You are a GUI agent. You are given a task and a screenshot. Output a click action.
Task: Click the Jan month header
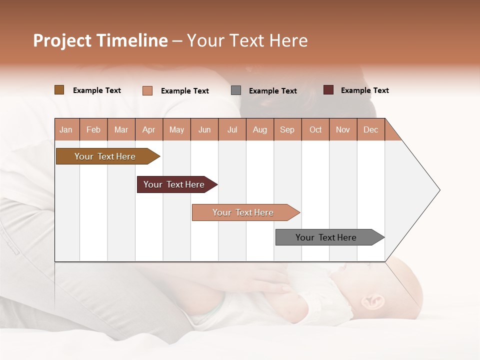pyautogui.click(x=66, y=129)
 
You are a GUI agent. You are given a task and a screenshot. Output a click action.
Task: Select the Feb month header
pyautogui.click(x=93, y=129)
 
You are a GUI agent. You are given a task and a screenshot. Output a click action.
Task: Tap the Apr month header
pyautogui.click(x=149, y=129)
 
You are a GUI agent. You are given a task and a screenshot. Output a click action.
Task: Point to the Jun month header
pyautogui.click(x=204, y=129)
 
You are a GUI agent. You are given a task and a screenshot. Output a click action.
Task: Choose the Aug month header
pyautogui.click(x=260, y=129)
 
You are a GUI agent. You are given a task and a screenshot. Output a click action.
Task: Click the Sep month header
pyautogui.click(x=287, y=129)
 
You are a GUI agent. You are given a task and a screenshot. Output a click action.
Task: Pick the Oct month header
pyautogui.click(x=315, y=129)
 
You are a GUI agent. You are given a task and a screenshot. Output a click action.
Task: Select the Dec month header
pyautogui.click(x=371, y=129)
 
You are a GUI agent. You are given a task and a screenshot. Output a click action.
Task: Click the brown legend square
pyautogui.click(x=59, y=90)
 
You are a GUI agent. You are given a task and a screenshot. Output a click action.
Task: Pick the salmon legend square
pyautogui.click(x=147, y=90)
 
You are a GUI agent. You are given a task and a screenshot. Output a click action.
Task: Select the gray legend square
pyautogui.click(x=236, y=90)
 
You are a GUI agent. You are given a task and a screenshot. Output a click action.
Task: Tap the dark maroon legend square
pyautogui.click(x=328, y=90)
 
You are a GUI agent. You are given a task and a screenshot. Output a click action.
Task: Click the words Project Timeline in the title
pyautogui.click(x=100, y=40)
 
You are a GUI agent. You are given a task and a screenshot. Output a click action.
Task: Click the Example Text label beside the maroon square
pyautogui.click(x=364, y=90)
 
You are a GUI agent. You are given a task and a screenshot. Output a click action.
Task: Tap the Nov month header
pyautogui.click(x=343, y=129)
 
